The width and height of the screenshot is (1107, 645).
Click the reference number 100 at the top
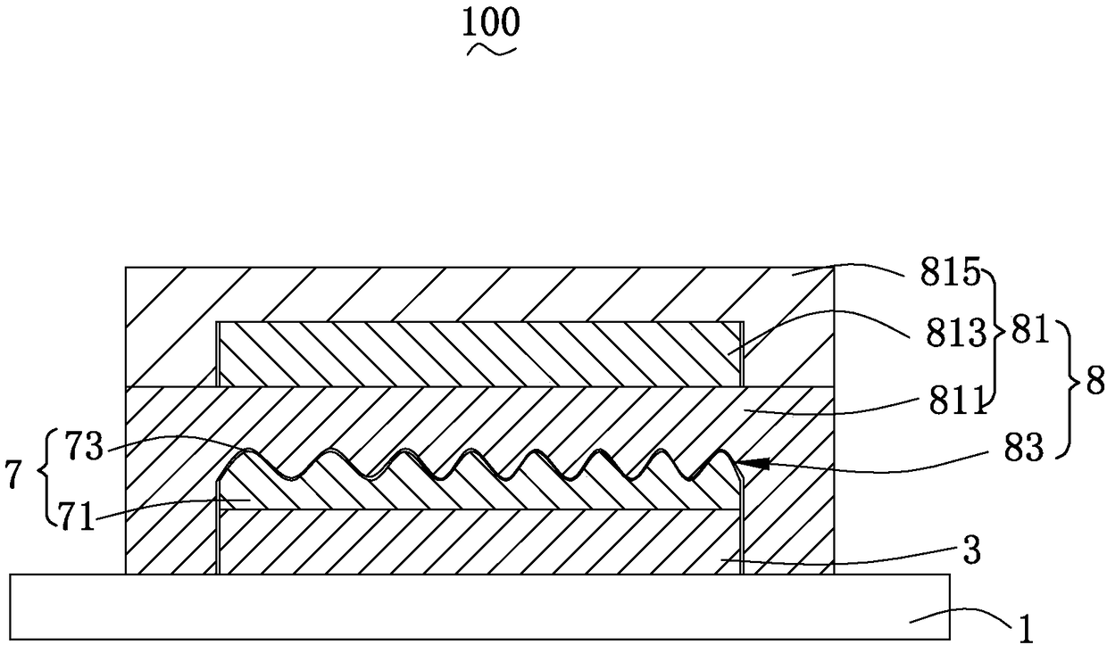tap(490, 24)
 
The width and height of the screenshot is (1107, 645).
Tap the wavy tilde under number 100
tap(492, 51)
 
